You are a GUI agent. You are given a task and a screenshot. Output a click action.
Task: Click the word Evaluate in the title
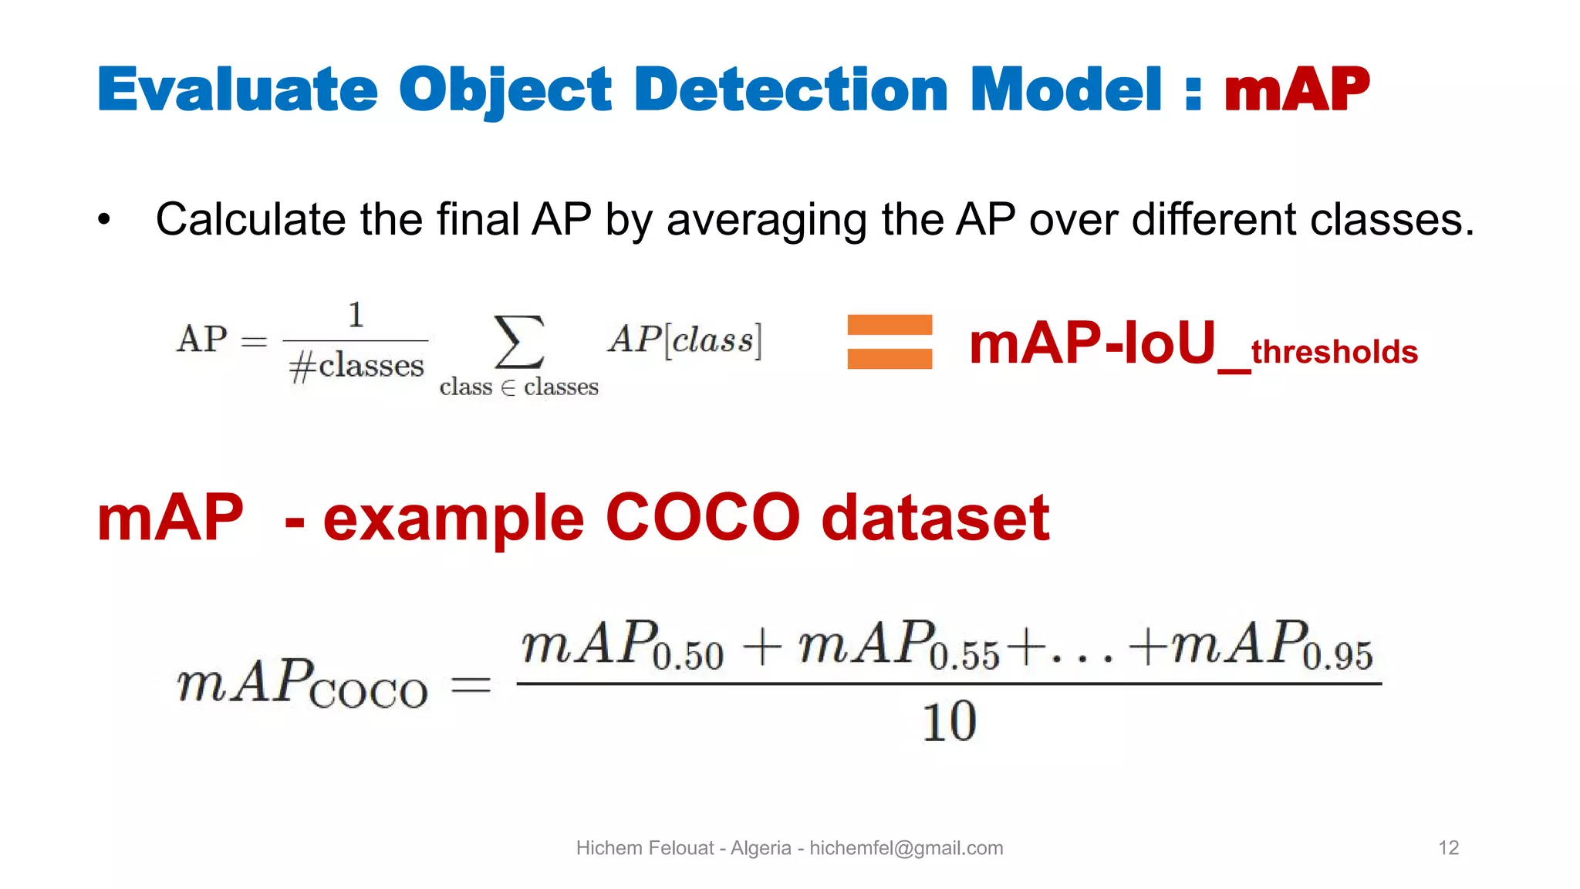point(238,90)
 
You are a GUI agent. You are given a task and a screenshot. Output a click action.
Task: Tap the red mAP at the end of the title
point(1296,90)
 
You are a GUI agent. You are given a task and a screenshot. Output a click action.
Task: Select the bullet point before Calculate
point(104,220)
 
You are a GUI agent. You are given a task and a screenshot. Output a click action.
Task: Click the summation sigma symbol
point(519,341)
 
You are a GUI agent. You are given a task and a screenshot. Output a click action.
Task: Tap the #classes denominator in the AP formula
point(356,366)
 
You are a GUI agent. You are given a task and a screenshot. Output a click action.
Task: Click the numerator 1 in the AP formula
point(356,315)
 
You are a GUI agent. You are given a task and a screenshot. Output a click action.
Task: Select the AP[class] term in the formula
point(685,340)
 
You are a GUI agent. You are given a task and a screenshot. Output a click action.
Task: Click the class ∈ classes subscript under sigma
point(518,387)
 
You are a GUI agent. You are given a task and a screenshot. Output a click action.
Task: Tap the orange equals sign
point(889,342)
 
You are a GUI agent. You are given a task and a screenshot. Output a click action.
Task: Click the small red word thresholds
point(1334,352)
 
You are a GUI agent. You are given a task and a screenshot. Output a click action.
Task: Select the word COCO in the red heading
point(703,518)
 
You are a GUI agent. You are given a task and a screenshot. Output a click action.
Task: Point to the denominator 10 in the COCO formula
point(949,722)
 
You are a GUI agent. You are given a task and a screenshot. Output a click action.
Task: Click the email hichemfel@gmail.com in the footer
point(906,848)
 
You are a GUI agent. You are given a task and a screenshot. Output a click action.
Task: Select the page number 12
point(1448,848)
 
